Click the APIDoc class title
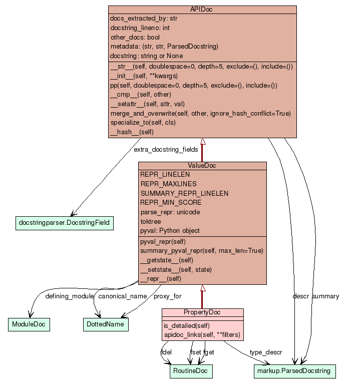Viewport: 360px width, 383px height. pos(202,10)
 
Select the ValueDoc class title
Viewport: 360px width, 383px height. pos(202,166)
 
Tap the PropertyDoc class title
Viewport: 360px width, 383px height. pos(202,313)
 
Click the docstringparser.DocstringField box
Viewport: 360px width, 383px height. pos(64,222)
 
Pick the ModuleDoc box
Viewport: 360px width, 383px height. pos(29,324)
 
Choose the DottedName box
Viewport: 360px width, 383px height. pos(105,324)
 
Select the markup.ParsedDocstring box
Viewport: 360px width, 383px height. pos(294,371)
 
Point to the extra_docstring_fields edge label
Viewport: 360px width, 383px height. pos(166,149)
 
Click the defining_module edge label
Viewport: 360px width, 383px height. pos(69,296)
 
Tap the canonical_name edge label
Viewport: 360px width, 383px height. pos(122,296)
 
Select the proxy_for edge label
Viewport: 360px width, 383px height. pos(167,296)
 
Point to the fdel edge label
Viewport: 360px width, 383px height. pos(166,352)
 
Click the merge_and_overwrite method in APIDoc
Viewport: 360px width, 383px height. pos(200,114)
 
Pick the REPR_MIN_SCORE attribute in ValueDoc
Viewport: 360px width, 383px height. pos(171,203)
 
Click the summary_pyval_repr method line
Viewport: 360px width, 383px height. pos(201,250)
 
